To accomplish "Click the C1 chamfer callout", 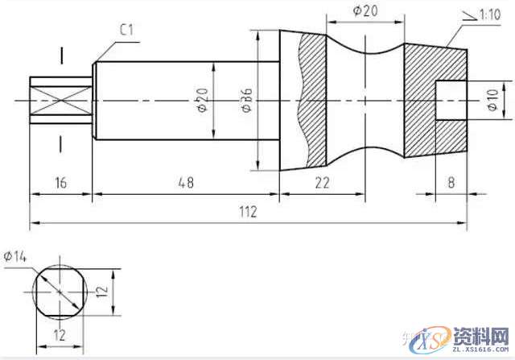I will [x=126, y=30].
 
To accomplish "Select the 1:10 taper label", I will [x=490, y=14].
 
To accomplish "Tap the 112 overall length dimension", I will [x=247, y=212].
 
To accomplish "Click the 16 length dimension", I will [x=60, y=183].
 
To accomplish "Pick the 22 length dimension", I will [x=322, y=183].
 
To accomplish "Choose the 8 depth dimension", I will [x=451, y=183].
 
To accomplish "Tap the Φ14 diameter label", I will [x=16, y=256].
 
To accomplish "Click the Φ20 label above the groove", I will [x=365, y=10].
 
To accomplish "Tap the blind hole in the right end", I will [x=451, y=100].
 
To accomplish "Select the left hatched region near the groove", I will [x=312, y=97].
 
